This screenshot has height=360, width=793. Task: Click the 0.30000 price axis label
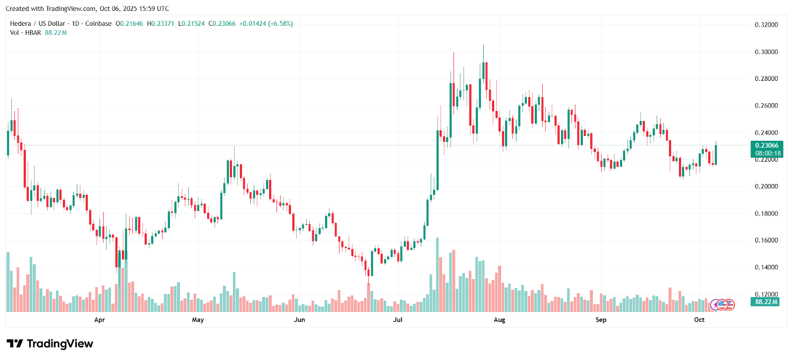tap(766, 52)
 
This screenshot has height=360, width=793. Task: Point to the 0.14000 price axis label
tap(766, 268)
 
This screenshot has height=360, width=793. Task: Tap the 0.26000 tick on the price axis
tap(766, 106)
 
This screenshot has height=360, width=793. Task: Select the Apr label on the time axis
tap(100, 320)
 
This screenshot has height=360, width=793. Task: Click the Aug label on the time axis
tap(499, 320)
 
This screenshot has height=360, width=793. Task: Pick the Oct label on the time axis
tap(699, 320)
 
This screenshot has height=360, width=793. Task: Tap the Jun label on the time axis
tap(299, 320)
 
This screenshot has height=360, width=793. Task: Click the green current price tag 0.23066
tap(766, 146)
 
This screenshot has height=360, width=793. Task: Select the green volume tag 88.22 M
tap(766, 302)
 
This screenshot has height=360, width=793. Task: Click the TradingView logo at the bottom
tap(50, 344)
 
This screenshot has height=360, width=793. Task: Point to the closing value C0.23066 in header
tap(222, 24)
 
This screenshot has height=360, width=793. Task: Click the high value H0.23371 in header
tap(161, 24)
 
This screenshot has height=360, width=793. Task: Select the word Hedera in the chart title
tap(20, 24)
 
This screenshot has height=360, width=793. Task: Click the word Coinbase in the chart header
tap(98, 24)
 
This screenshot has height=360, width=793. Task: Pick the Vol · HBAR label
tap(25, 33)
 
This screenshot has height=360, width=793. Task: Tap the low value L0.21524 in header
tap(191, 24)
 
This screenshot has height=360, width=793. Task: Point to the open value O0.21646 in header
tap(129, 24)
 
